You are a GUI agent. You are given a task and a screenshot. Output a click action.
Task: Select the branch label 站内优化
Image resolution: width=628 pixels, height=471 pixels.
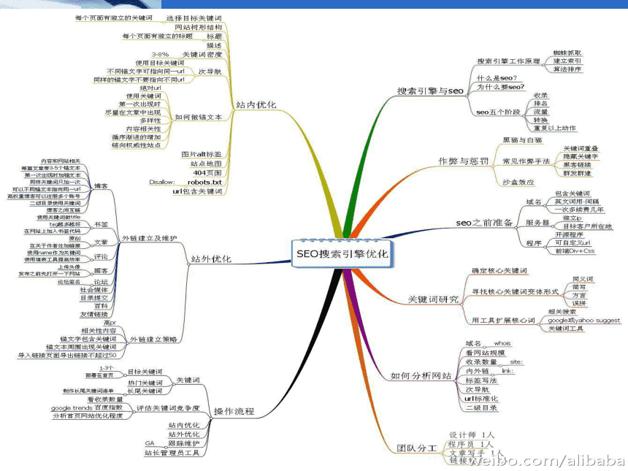(x=256, y=105)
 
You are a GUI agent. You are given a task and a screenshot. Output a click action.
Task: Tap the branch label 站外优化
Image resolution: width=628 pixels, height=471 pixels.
(x=211, y=259)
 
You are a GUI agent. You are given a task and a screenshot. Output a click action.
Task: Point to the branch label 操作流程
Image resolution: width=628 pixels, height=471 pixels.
(x=234, y=412)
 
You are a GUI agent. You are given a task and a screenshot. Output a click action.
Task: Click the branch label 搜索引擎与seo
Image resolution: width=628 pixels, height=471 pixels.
(x=431, y=91)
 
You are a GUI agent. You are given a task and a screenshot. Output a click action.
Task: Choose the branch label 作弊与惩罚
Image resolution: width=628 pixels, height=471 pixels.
(x=462, y=160)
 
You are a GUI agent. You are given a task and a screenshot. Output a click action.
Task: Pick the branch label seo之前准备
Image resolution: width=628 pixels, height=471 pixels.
(x=484, y=222)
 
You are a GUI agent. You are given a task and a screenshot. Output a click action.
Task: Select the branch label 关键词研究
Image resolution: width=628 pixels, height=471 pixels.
(x=433, y=299)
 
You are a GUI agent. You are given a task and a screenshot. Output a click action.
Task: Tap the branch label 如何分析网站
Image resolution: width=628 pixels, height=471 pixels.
(x=420, y=375)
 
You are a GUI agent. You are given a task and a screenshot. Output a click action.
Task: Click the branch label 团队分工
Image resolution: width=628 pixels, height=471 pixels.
(x=416, y=448)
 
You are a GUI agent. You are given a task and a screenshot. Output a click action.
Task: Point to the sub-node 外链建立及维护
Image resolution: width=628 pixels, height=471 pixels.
(x=149, y=238)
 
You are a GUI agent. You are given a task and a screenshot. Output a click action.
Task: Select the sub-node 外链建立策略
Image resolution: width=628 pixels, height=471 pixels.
(x=153, y=339)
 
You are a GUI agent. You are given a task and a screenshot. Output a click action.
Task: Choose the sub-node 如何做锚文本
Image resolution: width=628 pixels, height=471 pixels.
(x=199, y=117)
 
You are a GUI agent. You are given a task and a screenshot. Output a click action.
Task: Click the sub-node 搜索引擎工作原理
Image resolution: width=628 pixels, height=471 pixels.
(x=508, y=61)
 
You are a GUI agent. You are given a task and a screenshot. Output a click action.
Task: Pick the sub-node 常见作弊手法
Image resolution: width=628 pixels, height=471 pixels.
(x=526, y=161)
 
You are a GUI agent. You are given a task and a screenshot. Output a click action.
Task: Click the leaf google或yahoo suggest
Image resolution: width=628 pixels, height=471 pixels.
(x=584, y=320)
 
